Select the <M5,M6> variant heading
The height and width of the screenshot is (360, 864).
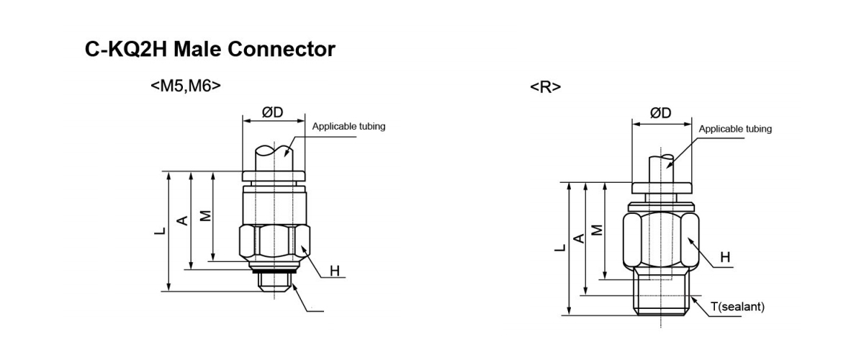(186, 86)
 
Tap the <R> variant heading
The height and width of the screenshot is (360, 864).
(545, 88)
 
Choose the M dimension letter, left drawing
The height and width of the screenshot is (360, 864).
(206, 216)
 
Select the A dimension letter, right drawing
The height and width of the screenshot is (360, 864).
(577, 238)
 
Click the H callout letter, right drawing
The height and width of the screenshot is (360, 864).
(725, 257)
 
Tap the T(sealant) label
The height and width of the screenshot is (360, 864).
(738, 307)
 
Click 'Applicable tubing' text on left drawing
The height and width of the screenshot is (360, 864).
(348, 127)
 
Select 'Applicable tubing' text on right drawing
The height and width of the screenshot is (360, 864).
(735, 129)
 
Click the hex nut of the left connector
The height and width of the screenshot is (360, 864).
(274, 243)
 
